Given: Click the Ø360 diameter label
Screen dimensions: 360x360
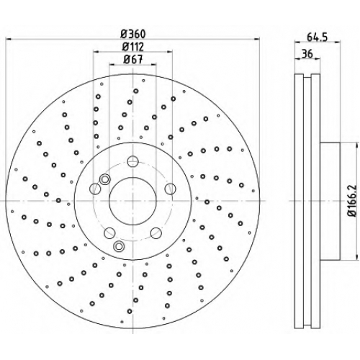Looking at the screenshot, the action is (x=133, y=34).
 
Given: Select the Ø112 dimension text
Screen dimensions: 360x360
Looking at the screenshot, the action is (x=133, y=47).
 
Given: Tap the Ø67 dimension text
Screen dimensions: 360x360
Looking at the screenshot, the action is (x=133, y=60).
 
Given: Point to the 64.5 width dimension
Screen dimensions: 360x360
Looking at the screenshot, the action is (x=317, y=37).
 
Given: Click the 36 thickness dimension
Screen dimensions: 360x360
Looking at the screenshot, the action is (x=307, y=54).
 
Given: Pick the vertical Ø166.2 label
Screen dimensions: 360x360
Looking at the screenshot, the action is (x=354, y=201).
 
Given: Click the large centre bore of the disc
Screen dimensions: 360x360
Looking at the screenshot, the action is (x=132, y=201).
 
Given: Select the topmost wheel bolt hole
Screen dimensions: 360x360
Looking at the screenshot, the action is (x=132, y=161).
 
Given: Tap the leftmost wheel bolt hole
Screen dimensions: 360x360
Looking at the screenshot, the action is (x=95, y=189).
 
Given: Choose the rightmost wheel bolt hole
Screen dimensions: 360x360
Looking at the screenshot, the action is (x=170, y=189).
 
